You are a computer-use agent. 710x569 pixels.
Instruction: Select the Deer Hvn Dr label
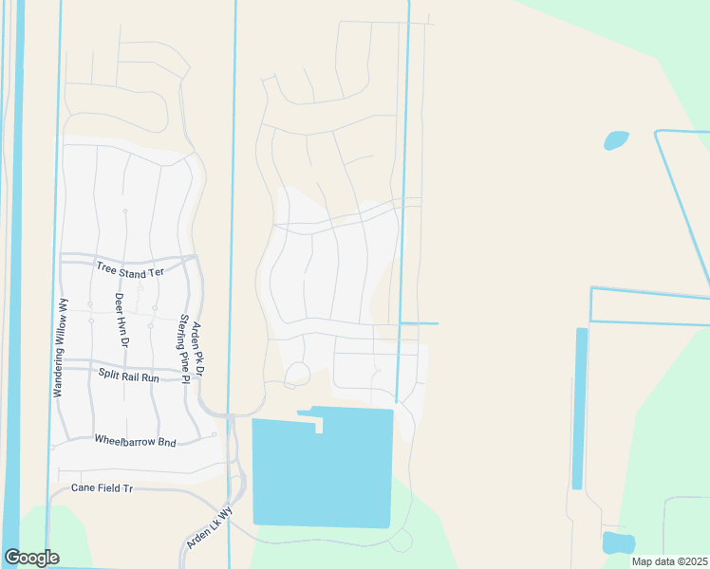[121, 320]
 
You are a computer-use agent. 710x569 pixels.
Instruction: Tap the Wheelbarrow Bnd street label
[136, 440]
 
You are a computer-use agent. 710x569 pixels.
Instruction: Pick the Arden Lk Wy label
[209, 527]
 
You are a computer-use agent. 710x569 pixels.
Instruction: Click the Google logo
[31, 558]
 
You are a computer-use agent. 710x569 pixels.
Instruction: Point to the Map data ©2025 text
[669, 561]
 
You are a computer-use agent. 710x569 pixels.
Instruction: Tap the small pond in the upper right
[616, 140]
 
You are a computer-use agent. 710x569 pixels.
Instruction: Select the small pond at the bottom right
[617, 542]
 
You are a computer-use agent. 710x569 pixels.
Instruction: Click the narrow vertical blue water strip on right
[577, 408]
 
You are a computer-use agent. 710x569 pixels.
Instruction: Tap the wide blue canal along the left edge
[11, 284]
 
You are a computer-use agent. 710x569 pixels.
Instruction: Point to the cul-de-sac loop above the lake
[297, 374]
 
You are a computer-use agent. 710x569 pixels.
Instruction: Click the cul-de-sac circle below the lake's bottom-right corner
[402, 541]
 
